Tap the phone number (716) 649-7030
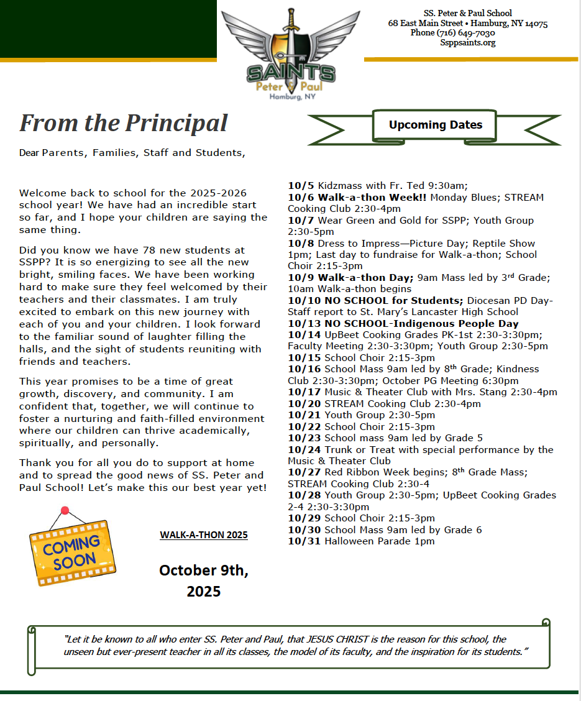coord(452,33)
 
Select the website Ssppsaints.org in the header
coord(467,43)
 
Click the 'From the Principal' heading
coord(124,122)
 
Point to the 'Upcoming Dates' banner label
coord(435,125)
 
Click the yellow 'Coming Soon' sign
coord(72,551)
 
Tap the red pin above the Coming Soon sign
coord(65,511)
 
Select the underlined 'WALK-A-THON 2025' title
coord(204,535)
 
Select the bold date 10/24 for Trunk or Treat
coord(304,449)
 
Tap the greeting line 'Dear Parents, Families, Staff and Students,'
coord(132,152)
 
